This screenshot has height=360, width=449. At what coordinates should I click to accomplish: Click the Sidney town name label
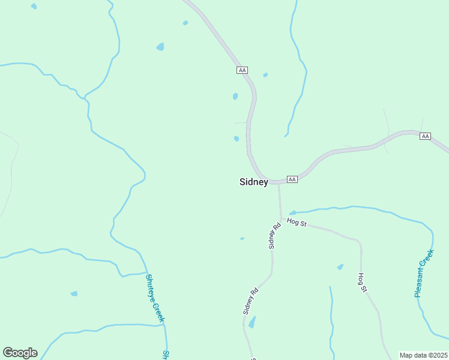[253, 182]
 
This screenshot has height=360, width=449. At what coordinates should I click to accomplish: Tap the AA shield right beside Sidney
[292, 179]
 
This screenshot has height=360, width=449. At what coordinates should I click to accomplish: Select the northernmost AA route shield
[242, 70]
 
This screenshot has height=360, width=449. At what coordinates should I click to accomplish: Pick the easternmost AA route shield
[425, 136]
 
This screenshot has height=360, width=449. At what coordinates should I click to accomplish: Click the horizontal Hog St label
[297, 223]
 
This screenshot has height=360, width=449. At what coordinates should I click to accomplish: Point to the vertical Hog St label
[362, 283]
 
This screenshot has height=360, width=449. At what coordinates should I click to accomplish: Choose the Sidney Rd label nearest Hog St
[274, 236]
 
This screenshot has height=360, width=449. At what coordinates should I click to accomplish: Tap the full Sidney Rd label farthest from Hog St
[250, 301]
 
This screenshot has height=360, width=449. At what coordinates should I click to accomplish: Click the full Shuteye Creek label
[154, 297]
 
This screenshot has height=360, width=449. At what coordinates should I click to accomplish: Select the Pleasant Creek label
[424, 274]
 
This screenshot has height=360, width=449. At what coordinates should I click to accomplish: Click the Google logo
[20, 353]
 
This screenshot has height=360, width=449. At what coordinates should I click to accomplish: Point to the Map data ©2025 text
[423, 355]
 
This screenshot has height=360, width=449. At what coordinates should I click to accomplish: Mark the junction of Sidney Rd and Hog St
[280, 219]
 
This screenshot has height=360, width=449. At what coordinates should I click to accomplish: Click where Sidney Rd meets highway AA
[278, 182]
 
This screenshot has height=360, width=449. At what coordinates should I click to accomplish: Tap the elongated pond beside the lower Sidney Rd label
[252, 322]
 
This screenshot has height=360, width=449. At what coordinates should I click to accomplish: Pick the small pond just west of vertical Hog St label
[340, 267]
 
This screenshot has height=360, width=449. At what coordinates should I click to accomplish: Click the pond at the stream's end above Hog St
[292, 212]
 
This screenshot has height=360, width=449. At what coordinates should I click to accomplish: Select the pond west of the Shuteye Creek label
[74, 293]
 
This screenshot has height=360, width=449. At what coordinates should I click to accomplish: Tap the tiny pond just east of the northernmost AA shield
[265, 75]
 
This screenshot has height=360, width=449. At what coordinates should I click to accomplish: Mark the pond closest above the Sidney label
[237, 139]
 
